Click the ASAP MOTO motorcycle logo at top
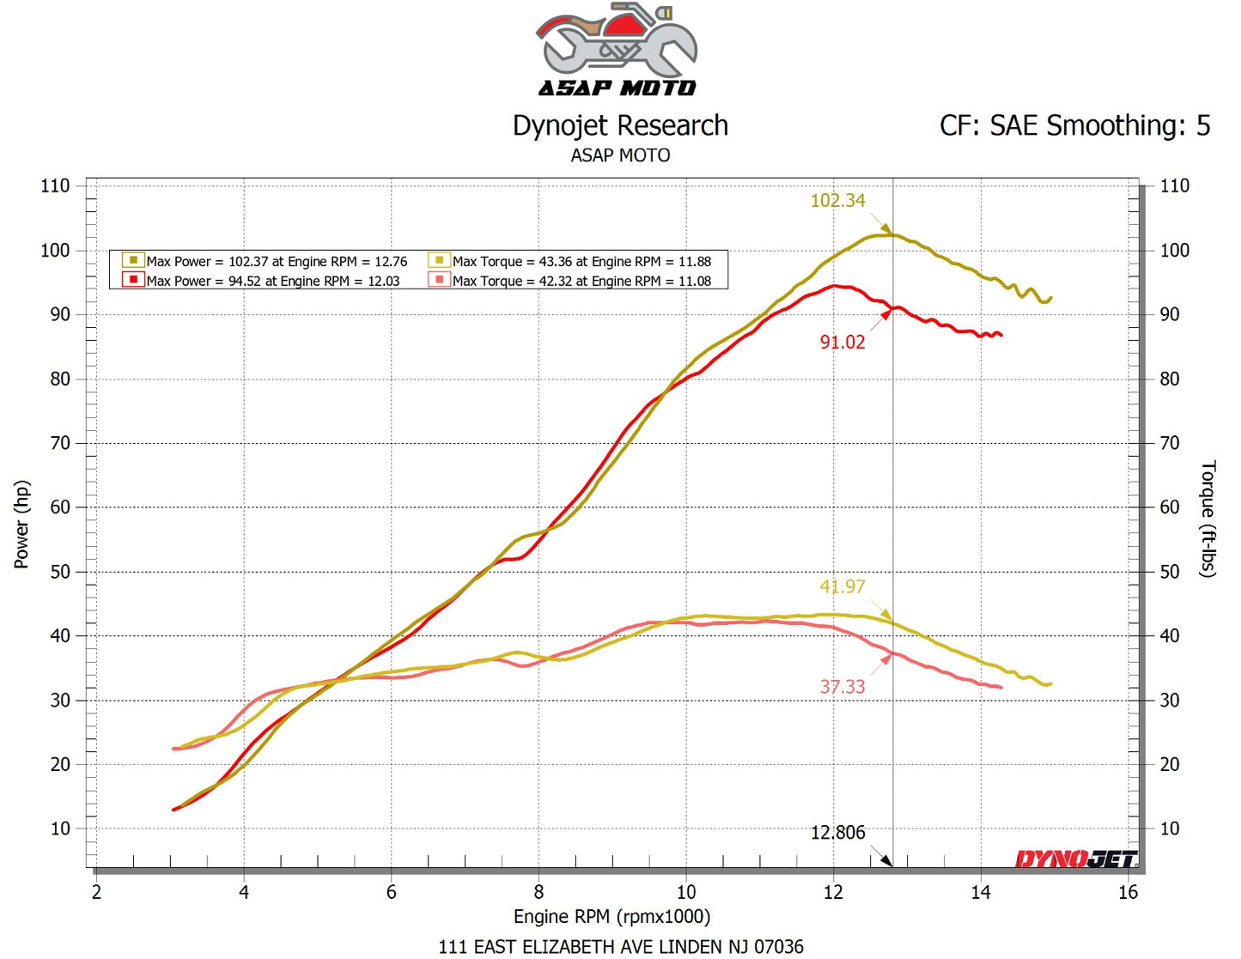617,50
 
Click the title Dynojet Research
620,126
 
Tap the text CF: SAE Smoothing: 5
1074,126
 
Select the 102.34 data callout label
837,201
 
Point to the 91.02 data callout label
842,343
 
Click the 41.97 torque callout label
842,587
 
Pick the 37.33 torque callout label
842,687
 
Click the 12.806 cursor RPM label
837,833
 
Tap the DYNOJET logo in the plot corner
1076,859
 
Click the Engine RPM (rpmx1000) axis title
611,917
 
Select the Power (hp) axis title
21,524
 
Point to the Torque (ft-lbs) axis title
1208,519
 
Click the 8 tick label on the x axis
538,893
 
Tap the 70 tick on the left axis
59,444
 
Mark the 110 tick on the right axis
1174,186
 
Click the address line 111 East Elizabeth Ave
621,947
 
